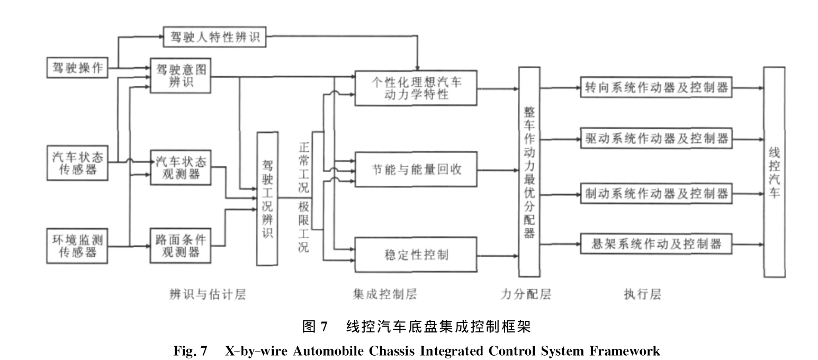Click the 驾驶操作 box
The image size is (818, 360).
pyautogui.click(x=77, y=68)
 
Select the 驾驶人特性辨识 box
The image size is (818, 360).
pyautogui.click(x=214, y=38)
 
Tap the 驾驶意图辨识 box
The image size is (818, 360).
pyautogui.click(x=181, y=76)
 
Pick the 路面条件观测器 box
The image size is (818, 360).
pyautogui.click(x=181, y=245)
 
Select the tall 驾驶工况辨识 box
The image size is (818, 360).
pyautogui.click(x=267, y=199)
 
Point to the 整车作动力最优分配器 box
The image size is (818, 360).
pyautogui.click(x=528, y=172)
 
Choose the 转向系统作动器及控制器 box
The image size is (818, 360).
pyautogui.click(x=656, y=87)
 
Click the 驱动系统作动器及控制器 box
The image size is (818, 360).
pyautogui.click(x=656, y=139)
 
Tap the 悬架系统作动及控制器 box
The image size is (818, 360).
pyautogui.click(x=656, y=244)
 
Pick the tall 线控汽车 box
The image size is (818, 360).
pyautogui.click(x=774, y=172)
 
